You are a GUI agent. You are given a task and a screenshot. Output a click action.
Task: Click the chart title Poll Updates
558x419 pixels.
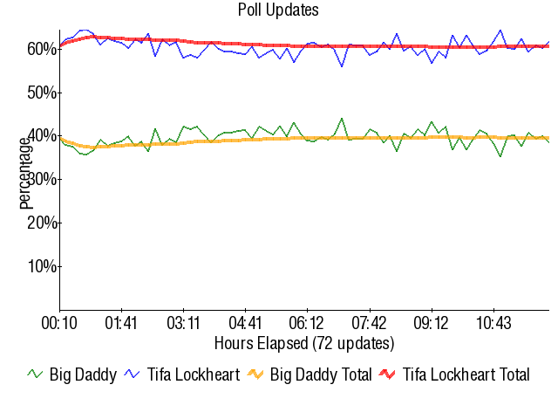pos(278,10)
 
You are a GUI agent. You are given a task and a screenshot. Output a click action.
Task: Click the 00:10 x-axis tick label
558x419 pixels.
pos(59,323)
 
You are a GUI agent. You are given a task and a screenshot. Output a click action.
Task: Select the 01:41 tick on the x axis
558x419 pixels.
pos(121,323)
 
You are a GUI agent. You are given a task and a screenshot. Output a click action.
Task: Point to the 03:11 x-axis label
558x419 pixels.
pos(183,323)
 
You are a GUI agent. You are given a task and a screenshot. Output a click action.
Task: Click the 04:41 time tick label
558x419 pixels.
pos(245,323)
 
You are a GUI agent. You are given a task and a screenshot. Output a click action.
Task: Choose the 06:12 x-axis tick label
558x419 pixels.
pos(307,323)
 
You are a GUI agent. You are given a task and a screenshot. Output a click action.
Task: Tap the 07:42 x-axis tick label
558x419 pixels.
pos(369,323)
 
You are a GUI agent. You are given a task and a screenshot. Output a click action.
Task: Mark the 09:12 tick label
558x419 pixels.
pos(431,323)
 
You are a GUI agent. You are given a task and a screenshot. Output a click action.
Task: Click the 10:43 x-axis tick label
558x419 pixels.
pos(493,323)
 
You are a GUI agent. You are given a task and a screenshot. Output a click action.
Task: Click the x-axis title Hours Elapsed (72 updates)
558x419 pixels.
pos(303,342)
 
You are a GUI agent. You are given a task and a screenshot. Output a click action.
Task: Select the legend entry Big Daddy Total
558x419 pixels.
pos(321,375)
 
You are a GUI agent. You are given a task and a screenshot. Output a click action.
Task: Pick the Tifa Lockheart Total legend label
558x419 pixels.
pos(466,375)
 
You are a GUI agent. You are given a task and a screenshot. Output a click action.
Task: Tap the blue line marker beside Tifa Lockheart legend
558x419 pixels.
pos(133,374)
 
